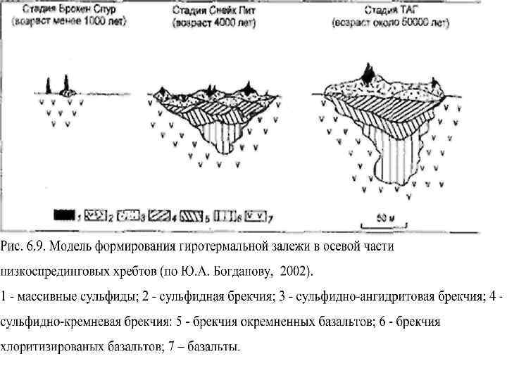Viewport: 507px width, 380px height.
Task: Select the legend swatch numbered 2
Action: coord(103,213)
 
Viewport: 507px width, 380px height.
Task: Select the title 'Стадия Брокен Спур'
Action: coord(69,10)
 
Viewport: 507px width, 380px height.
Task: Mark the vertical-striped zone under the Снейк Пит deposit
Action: coord(224,131)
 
